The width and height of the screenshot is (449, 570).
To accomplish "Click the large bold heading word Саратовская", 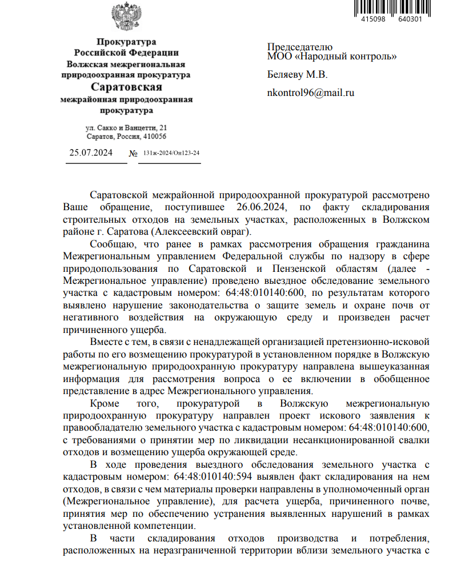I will coord(126,87).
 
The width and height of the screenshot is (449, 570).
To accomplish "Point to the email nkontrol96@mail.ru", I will coord(311,93).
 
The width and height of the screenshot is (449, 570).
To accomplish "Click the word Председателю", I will coord(300,47).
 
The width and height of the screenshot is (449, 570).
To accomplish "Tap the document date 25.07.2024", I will coord(91,152).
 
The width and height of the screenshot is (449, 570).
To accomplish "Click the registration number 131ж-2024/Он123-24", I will coord(171,154).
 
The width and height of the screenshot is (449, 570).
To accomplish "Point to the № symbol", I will coord(134,154).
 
